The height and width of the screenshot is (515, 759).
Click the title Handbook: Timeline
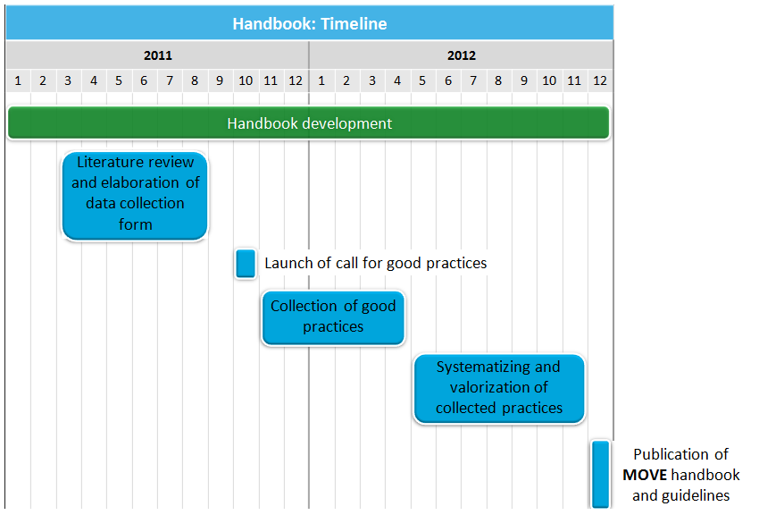pyautogui.click(x=310, y=24)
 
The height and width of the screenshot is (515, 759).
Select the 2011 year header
pyautogui.click(x=158, y=55)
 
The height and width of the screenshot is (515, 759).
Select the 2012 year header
pyautogui.click(x=462, y=55)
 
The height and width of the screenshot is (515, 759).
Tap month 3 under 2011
pyautogui.click(x=68, y=80)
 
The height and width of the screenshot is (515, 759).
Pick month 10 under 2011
pyautogui.click(x=246, y=80)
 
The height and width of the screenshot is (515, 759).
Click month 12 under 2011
pyautogui.click(x=296, y=80)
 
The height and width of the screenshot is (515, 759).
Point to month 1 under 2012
pyautogui.click(x=321, y=80)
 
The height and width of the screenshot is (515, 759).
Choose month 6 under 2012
pyautogui.click(x=447, y=80)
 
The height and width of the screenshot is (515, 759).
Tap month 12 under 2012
pyautogui.click(x=600, y=80)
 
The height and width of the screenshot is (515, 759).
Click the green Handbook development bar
pyautogui.click(x=309, y=123)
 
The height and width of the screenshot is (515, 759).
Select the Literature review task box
pyautogui.click(x=135, y=196)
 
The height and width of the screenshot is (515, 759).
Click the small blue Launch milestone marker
pyautogui.click(x=246, y=264)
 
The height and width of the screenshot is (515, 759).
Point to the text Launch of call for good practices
pyautogui.click(x=376, y=263)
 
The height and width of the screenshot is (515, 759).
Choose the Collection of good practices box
pyautogui.click(x=333, y=317)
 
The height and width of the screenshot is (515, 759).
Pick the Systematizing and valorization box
pyautogui.click(x=499, y=389)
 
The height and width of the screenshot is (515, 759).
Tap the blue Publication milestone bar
pyautogui.click(x=601, y=474)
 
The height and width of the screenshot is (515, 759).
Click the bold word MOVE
pyautogui.click(x=645, y=475)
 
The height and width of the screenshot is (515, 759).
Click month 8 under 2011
pyautogui.click(x=195, y=80)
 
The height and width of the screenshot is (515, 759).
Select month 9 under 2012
pyautogui.click(x=524, y=80)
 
